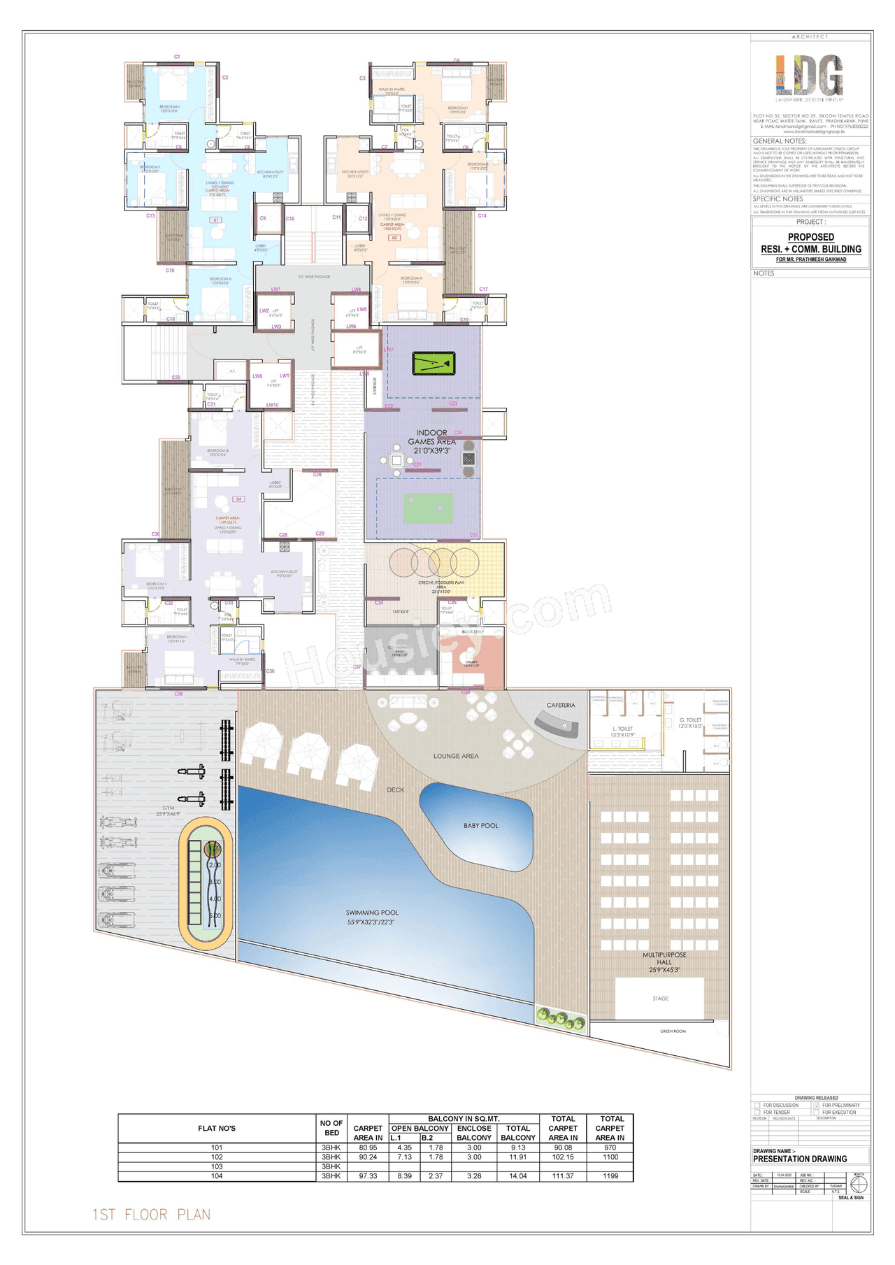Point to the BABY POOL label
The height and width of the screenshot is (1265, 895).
481,826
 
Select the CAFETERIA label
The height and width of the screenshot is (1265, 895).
561,705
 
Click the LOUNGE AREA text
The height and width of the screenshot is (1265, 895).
456,756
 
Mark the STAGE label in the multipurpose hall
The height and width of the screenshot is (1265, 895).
660,999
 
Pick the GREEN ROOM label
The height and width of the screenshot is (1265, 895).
673,1031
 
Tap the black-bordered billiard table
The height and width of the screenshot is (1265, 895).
434,364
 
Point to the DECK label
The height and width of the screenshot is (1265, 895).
396,789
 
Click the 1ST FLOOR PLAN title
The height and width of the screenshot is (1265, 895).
152,1214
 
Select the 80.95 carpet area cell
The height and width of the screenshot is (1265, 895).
368,1148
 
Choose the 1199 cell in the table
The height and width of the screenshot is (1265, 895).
610,1176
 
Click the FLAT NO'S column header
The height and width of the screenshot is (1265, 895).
217,1128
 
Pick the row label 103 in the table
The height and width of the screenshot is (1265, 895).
217,1166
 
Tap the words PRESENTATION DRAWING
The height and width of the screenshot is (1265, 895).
799,1159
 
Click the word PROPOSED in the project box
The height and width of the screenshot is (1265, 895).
811,237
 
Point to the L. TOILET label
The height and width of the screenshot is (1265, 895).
622,729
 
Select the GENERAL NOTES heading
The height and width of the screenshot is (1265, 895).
779,141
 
